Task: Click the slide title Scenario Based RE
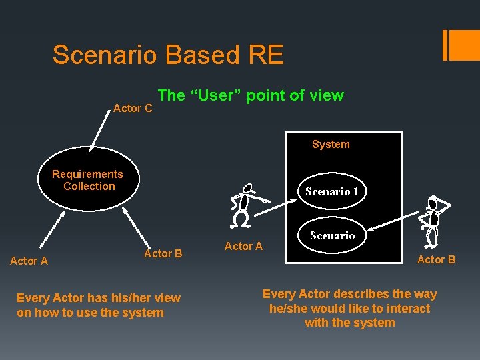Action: tap(168, 55)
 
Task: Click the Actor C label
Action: tap(133, 108)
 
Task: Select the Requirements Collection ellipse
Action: tap(88, 180)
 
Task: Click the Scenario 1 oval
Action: tap(331, 191)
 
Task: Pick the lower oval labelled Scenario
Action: tap(332, 235)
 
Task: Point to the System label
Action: tap(331, 144)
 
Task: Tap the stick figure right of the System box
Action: tap(433, 220)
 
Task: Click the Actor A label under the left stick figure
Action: tap(243, 246)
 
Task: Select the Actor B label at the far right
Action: tap(436, 259)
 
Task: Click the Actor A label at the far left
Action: tap(29, 261)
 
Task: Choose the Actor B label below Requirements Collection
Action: tap(163, 253)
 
